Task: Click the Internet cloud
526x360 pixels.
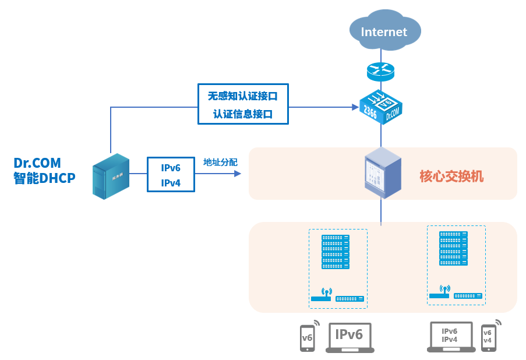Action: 384,30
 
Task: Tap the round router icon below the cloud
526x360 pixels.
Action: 381,72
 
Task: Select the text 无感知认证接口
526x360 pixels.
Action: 243,96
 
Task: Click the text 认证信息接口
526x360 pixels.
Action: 243,114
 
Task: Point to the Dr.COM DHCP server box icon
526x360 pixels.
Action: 111,176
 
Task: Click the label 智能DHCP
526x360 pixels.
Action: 45,178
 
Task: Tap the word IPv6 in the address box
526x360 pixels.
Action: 171,168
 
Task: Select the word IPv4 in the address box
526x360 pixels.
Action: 171,182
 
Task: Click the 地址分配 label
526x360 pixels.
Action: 220,163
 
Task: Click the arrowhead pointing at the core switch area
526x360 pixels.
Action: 238,174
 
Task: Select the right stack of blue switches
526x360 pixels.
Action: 454,248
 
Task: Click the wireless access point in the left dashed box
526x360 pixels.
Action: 322,295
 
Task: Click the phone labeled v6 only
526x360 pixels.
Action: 307,337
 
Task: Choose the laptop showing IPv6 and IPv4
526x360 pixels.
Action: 450,337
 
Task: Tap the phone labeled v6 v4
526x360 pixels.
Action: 488,337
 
